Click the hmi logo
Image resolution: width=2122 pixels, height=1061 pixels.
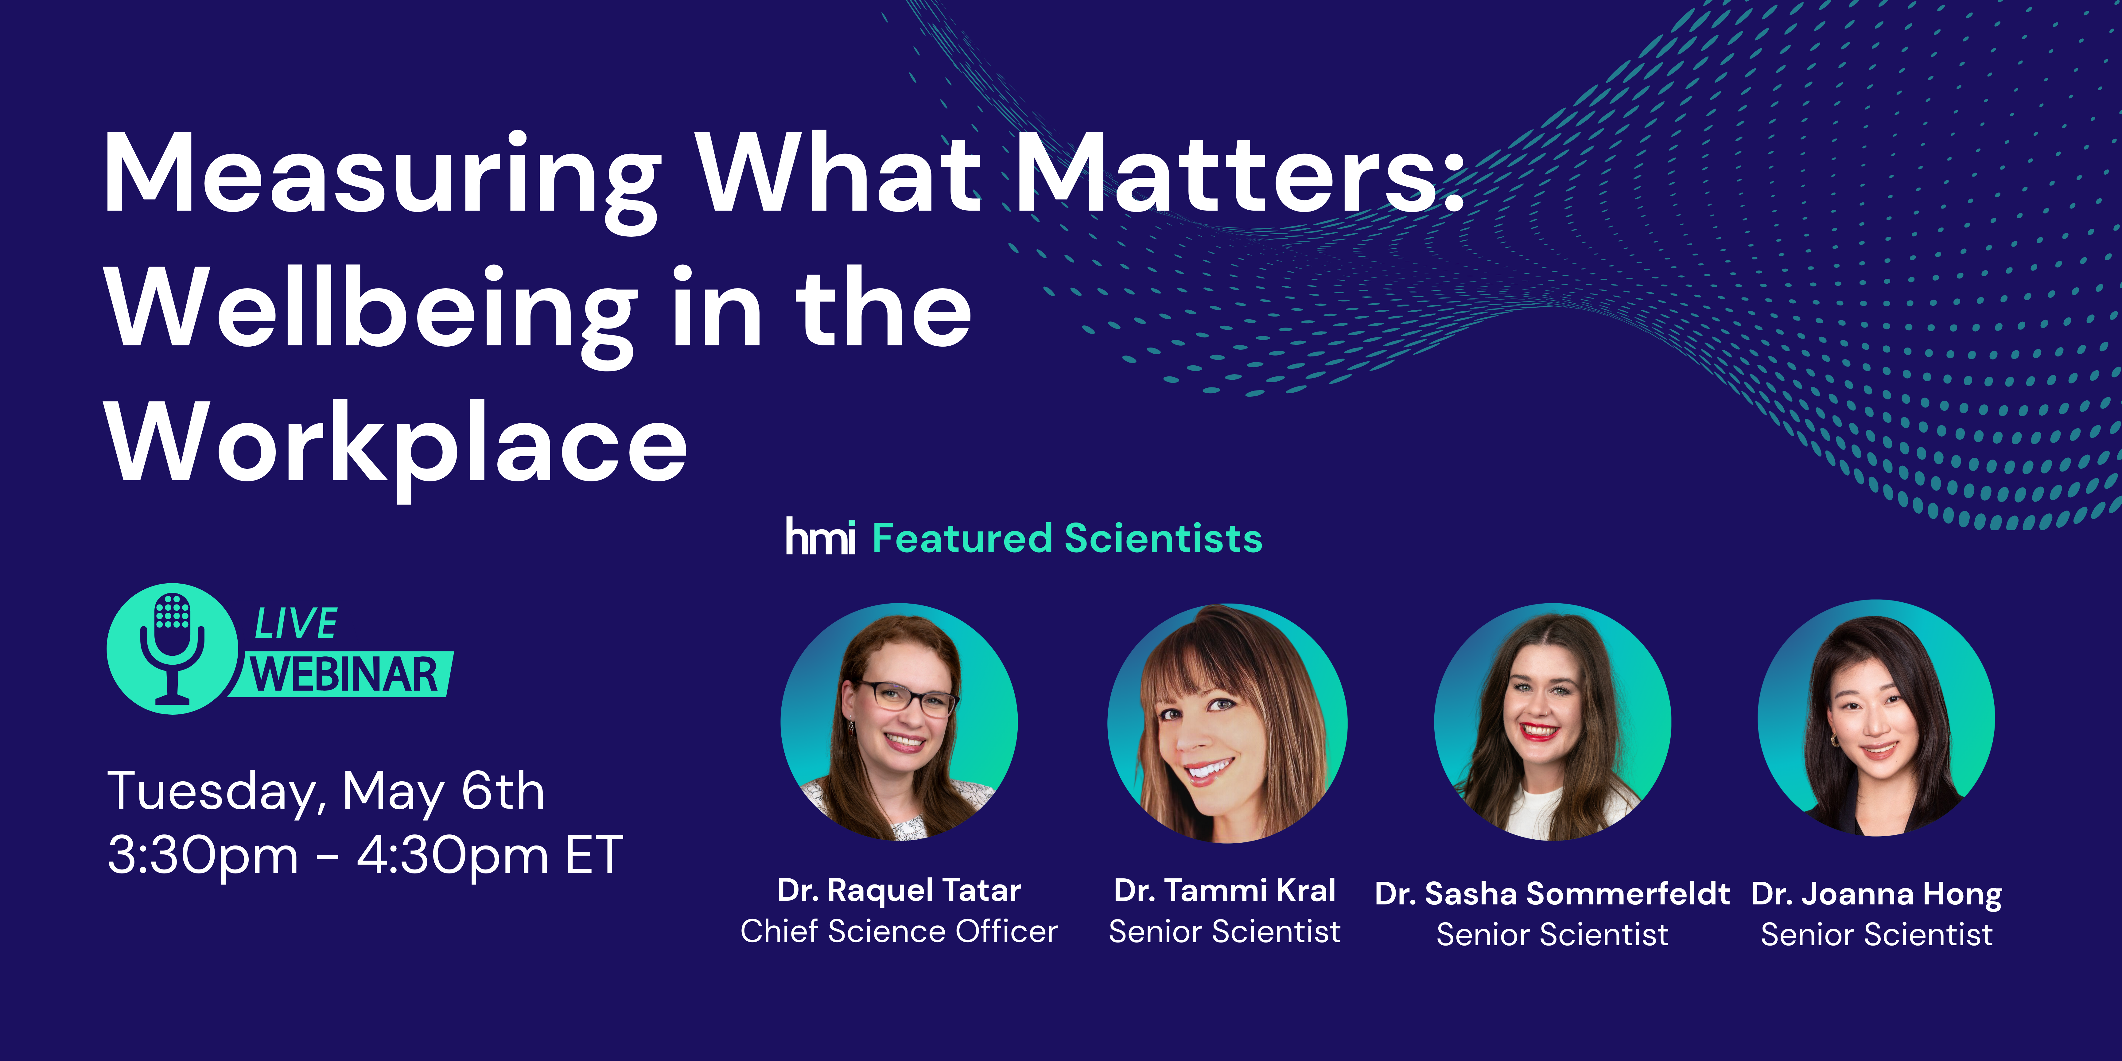(x=820, y=537)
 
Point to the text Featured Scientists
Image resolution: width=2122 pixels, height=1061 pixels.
(x=1067, y=539)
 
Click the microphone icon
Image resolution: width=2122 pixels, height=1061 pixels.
(x=172, y=648)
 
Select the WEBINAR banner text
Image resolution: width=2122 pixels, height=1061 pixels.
(x=344, y=675)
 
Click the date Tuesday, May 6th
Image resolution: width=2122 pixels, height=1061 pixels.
(x=326, y=792)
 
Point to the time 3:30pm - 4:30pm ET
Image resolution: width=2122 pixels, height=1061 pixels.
(x=365, y=855)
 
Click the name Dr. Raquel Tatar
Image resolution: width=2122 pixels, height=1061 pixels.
(x=899, y=891)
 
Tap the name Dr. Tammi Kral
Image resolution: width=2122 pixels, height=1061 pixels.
(x=1225, y=891)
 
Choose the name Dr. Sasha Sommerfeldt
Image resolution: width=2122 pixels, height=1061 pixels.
(x=1552, y=894)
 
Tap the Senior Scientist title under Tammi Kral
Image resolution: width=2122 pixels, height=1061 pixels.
(x=1225, y=932)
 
